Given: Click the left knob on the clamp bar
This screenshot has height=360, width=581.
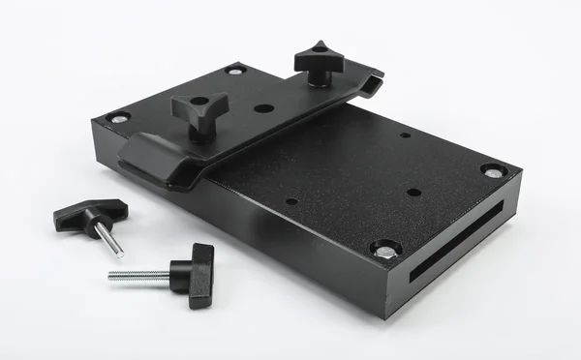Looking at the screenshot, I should tap(199, 111).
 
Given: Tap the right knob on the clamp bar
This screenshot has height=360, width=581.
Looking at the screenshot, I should tap(320, 63).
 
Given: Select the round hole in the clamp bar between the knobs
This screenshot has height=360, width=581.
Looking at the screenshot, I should tap(263, 107).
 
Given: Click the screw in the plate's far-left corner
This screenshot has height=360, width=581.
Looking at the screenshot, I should tap(119, 118).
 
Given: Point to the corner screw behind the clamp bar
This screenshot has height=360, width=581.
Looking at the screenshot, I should tap(235, 70).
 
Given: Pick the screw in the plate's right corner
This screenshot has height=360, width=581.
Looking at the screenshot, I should tap(494, 171).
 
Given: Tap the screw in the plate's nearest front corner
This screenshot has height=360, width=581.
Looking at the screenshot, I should tap(385, 249).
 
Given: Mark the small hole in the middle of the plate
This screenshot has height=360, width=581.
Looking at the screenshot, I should tap(413, 192).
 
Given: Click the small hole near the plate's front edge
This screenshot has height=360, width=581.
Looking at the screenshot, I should tap(291, 201).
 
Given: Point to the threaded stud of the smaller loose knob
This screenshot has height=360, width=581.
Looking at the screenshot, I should tap(110, 241).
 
